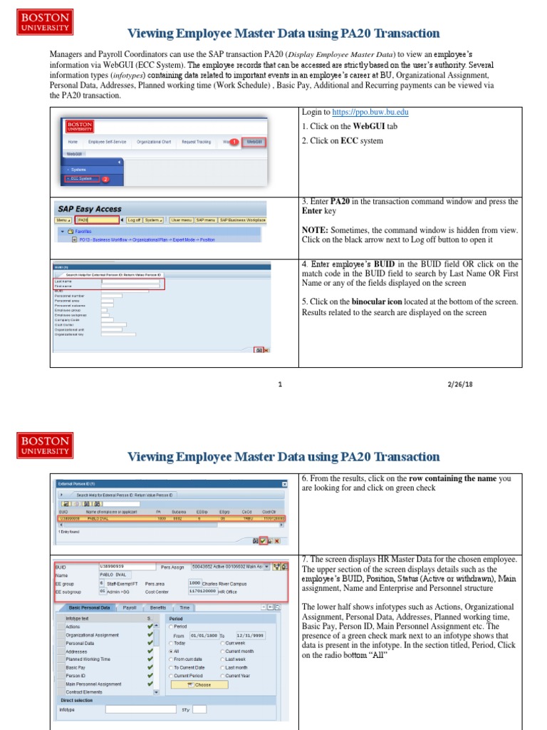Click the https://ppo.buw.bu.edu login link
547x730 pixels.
[370, 113]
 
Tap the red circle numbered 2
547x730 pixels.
[105, 179]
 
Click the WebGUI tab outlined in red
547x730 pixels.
[254, 142]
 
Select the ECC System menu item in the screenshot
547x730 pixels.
[80, 179]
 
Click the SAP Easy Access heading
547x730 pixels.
[90, 209]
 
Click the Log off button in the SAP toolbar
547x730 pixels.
[133, 220]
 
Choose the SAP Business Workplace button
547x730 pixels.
[242, 220]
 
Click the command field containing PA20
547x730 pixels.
[98, 220]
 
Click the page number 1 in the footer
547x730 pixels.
[281, 384]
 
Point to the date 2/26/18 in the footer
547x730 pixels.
[461, 384]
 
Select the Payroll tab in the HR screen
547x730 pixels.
[130, 607]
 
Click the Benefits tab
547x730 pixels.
[157, 607]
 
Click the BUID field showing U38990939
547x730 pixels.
[126, 566]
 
